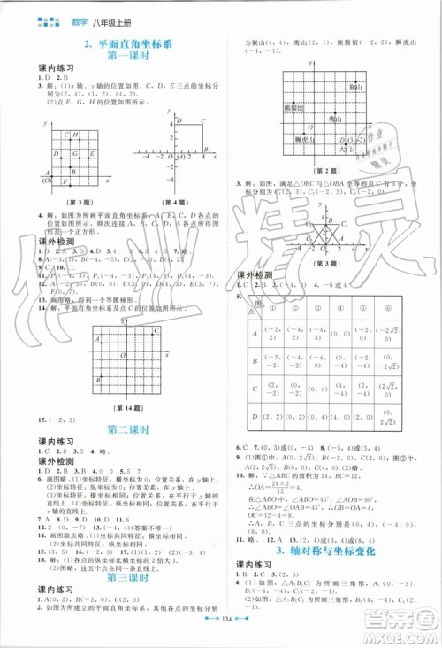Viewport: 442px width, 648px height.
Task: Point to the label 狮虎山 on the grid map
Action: pyautogui.click(x=278, y=142)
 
